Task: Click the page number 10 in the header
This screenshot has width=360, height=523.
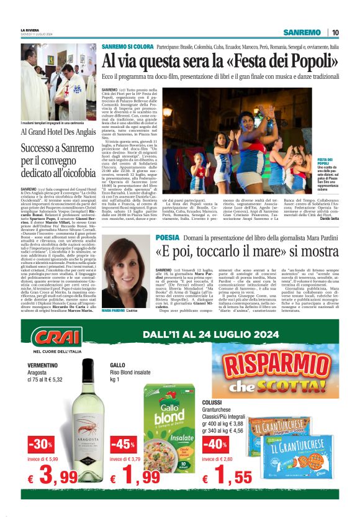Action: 335,32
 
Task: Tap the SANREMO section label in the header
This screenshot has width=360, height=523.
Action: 301,32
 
